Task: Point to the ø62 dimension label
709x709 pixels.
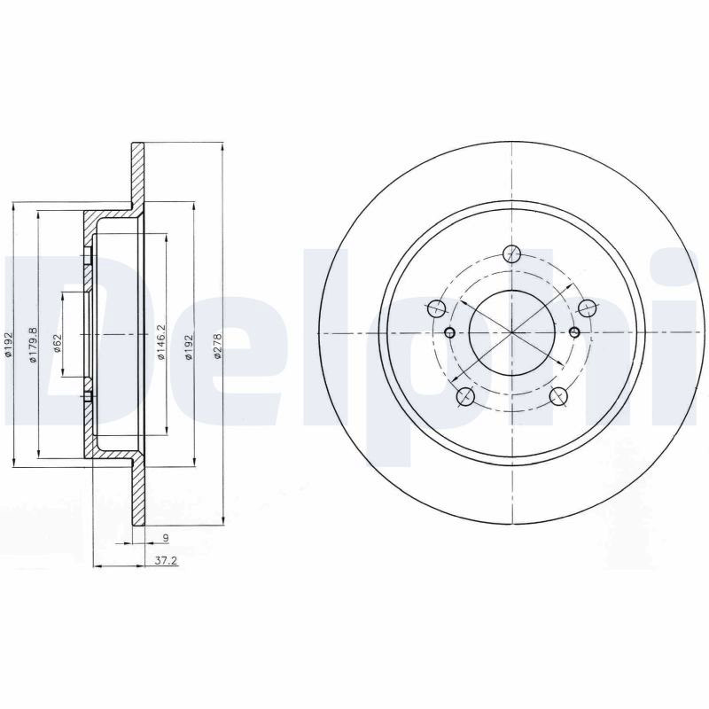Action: click(x=58, y=343)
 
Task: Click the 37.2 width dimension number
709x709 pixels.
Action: click(x=166, y=561)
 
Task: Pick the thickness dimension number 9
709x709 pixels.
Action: click(x=166, y=538)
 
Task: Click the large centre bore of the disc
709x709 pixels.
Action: click(x=511, y=333)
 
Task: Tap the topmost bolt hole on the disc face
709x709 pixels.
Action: click(x=511, y=253)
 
